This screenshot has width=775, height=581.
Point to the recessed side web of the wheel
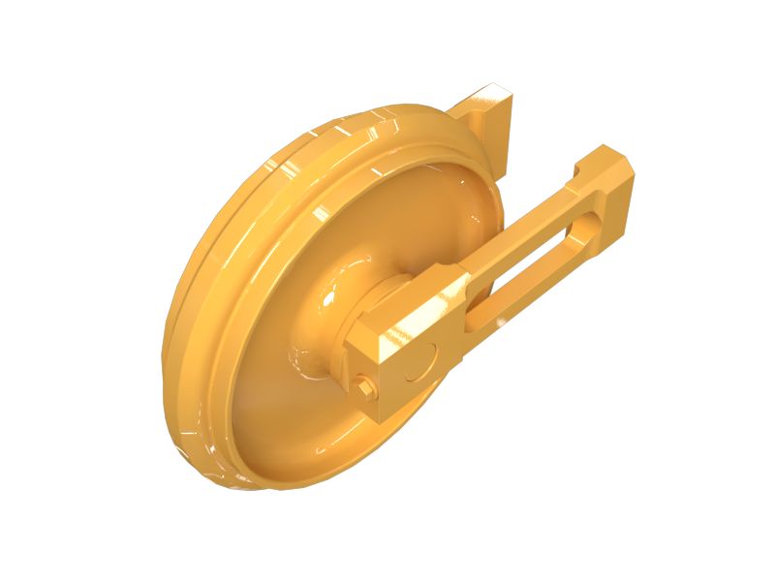(281, 378)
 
